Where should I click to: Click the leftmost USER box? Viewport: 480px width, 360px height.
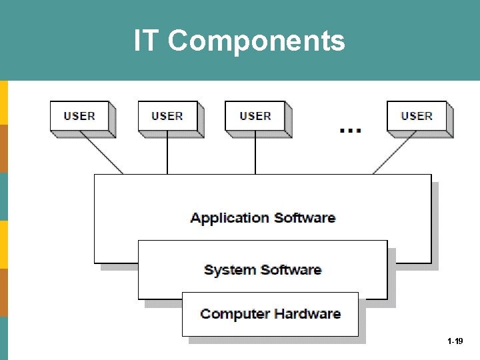(x=80, y=117)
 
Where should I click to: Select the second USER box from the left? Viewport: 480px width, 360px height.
(x=167, y=117)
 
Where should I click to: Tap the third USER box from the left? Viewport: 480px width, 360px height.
(x=255, y=117)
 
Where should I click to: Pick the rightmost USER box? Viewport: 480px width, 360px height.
(x=417, y=117)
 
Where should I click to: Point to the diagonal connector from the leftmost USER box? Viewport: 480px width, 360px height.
(x=102, y=153)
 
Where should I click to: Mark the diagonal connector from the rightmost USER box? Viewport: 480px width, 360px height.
(x=394, y=154)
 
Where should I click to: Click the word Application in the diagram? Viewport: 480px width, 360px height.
(x=229, y=218)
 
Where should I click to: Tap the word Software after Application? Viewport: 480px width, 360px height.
(x=305, y=218)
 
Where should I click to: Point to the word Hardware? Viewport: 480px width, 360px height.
(x=306, y=314)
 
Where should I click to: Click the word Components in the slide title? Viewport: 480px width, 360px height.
(x=257, y=41)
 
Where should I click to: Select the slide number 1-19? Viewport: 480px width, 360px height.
(x=455, y=341)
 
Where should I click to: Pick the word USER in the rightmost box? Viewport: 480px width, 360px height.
(x=417, y=117)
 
